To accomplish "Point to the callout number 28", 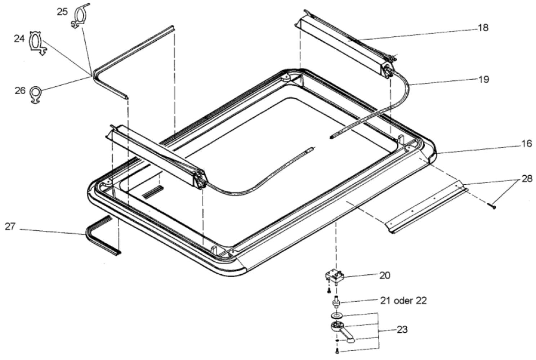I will (526, 179).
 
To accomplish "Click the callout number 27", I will (10, 227).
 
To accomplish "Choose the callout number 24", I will (19, 38).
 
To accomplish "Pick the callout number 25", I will (62, 12).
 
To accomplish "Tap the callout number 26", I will (20, 90).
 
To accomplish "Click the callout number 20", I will (384, 275).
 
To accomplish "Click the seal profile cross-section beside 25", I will (80, 16).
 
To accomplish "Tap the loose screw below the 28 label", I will (492, 206).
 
